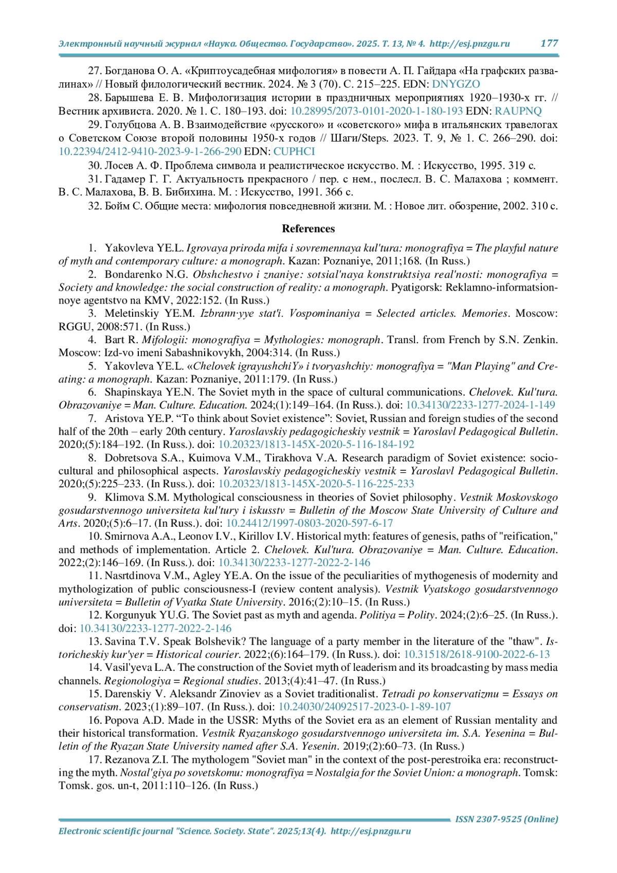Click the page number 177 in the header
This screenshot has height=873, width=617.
pos(549,43)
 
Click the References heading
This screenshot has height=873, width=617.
pos(308,229)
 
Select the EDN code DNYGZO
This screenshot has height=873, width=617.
pos(456,84)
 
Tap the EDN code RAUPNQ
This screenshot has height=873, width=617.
pos(518,111)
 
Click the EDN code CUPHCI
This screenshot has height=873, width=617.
pos(294,151)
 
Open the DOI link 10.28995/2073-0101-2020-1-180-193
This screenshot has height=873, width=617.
pos(376,111)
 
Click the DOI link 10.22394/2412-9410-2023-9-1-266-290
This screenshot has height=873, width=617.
pos(150,151)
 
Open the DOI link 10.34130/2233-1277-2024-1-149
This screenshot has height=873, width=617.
pos(480,405)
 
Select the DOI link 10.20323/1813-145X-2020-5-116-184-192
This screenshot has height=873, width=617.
pos(316,444)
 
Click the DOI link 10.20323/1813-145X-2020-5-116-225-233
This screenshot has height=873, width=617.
pos(316,484)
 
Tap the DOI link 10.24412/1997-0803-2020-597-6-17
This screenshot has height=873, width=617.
pos(310,523)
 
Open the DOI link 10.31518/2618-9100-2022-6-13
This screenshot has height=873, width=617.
pos(477,654)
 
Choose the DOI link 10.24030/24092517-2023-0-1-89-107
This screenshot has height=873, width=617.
pos(365,707)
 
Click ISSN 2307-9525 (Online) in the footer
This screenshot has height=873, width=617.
pos(506,819)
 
